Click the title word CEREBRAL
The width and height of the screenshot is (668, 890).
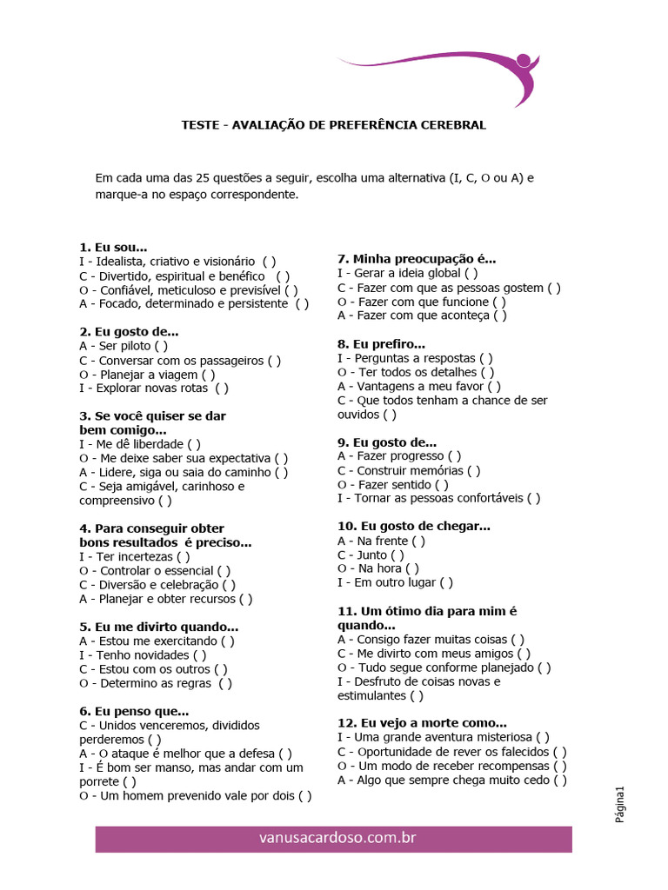[x=452, y=125]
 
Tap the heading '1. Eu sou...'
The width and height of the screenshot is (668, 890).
[x=113, y=247]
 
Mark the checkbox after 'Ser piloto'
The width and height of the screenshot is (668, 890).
[x=163, y=346]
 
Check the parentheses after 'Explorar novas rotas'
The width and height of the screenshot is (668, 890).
[x=222, y=389]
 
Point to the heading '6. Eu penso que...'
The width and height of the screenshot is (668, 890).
[x=134, y=711]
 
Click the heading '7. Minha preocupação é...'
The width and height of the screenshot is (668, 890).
[x=417, y=259]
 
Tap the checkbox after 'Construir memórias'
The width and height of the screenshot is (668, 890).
[x=473, y=470]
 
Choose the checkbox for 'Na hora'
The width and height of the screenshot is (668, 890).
[x=412, y=568]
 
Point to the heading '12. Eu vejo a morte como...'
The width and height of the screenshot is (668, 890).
[x=422, y=723]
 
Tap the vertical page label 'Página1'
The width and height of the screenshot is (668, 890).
[x=620, y=805]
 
